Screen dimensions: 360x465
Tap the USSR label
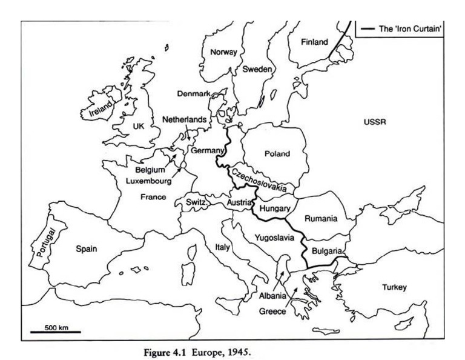(x=375, y=122)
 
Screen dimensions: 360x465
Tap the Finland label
(x=315, y=42)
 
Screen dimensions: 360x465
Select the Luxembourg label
(x=150, y=181)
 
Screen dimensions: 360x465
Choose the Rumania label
(x=321, y=219)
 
